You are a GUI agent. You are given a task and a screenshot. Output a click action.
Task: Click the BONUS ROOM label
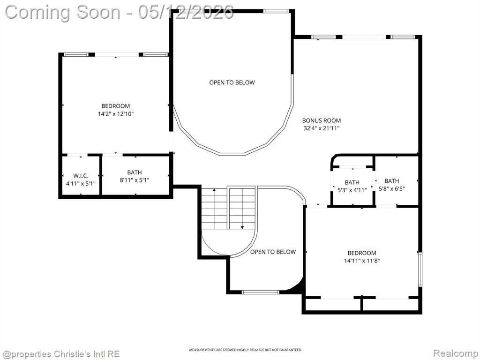[322, 120]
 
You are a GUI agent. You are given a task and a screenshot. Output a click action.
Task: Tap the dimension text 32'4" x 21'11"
[322, 128]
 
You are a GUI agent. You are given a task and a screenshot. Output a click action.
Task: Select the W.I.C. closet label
[81, 176]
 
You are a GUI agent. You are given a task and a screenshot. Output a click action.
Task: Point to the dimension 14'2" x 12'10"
[116, 114]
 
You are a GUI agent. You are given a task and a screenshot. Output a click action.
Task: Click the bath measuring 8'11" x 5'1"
[135, 176]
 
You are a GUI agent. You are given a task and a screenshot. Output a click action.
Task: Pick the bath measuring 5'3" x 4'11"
[352, 186]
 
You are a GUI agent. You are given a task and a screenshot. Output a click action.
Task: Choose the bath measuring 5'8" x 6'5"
[392, 185]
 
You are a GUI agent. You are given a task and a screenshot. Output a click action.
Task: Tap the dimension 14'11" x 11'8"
[362, 261]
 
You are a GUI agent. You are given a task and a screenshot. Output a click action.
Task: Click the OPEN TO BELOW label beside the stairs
[273, 252]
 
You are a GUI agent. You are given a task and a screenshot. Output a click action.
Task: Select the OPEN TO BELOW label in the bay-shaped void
[232, 82]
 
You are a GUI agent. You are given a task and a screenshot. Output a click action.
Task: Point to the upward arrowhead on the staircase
[214, 190]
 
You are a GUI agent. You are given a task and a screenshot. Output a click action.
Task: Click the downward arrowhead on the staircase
[242, 227]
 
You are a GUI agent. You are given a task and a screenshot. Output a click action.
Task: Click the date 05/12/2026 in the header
[186, 12]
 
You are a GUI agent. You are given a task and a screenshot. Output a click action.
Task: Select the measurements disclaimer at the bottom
[245, 350]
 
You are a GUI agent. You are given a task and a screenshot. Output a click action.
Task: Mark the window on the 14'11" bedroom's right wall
[420, 270]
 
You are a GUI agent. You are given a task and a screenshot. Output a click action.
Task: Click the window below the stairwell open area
[261, 292]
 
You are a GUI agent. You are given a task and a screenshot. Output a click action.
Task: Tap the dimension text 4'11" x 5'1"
[81, 184]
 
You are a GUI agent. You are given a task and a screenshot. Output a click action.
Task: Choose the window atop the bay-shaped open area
[276, 11]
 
